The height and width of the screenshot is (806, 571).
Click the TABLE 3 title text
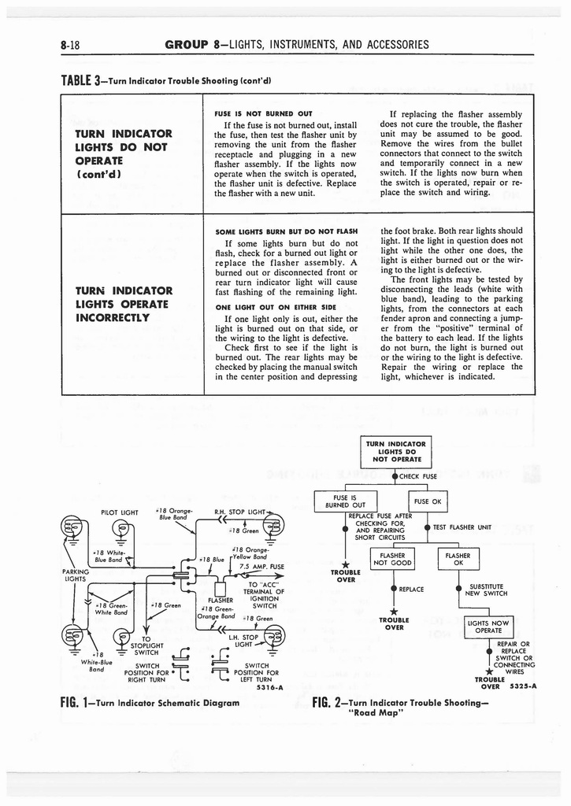pos(165,80)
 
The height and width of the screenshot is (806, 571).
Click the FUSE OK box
pos(431,501)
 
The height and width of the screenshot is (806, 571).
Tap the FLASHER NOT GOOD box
pos(391,558)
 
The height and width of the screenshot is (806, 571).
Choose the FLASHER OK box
pos(458,558)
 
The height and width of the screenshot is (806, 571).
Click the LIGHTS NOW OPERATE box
pos(489,627)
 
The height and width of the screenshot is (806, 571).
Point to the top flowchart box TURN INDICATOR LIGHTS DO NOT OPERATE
pos(391,450)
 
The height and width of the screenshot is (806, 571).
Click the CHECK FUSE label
pos(418,476)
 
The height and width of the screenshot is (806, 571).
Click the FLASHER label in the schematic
pos(213,598)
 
